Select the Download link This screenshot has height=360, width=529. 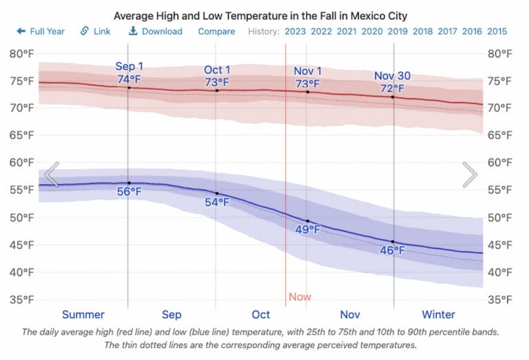tap(156, 32)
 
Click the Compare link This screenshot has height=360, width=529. tap(216, 32)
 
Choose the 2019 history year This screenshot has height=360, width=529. tap(397, 32)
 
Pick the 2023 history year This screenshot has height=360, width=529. tap(295, 32)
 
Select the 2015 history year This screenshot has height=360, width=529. tap(497, 32)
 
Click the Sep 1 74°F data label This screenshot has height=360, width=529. tap(129, 73)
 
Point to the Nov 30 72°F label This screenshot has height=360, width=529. tap(393, 82)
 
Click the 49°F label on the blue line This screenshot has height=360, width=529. tap(307, 230)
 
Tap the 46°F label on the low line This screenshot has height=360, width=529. tap(393, 251)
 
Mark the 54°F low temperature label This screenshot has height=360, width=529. tap(217, 202)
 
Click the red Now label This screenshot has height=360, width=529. tap(300, 297)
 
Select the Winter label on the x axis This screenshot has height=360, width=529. tap(438, 315)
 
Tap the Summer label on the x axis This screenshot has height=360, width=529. tap(83, 315)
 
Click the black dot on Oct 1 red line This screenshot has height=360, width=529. tap(217, 90)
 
